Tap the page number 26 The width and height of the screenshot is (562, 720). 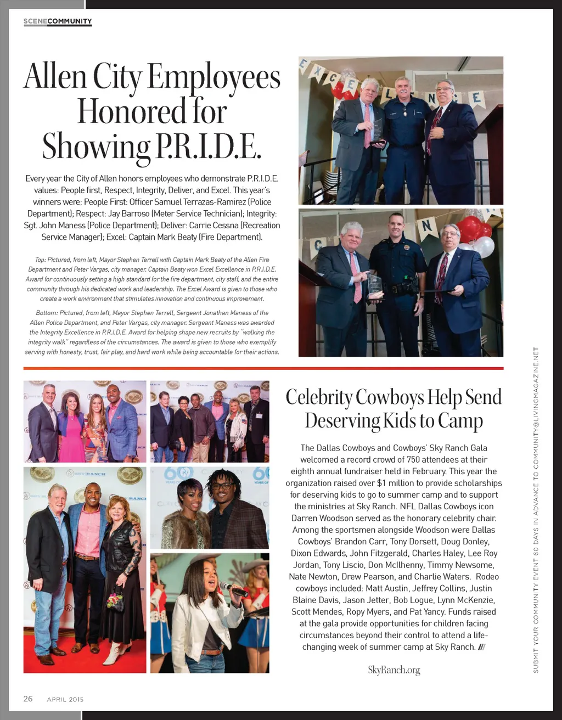(x=28, y=699)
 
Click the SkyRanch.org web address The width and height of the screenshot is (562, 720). (x=394, y=670)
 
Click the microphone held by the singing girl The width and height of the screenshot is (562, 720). (x=233, y=589)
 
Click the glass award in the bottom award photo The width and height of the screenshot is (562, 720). (x=374, y=285)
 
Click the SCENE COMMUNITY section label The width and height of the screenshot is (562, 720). (x=58, y=21)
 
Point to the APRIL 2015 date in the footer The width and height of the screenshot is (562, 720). (x=65, y=699)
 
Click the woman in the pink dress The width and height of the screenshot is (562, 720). (x=72, y=426)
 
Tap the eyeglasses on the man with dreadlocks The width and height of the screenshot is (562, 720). (x=221, y=486)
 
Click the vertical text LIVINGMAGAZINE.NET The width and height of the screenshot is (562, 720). (x=536, y=385)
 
